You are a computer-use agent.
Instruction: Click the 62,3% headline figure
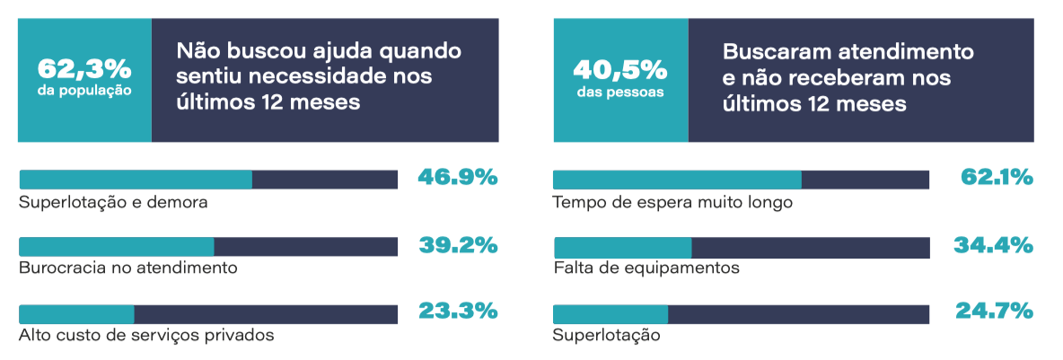84,69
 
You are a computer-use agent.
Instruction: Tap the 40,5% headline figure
620,69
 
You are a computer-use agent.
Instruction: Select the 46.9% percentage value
458,177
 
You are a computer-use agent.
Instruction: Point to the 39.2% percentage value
458,244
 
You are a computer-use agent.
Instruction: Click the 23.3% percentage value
458,312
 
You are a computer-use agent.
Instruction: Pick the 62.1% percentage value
997,177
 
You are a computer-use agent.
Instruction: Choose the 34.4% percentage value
997,244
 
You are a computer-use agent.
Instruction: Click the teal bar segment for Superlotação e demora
136,180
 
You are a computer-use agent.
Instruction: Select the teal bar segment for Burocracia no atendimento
117,247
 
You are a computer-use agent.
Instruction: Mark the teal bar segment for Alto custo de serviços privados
76,314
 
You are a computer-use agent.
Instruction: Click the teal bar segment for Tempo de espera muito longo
677,180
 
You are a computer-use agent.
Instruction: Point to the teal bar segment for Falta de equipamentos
622,247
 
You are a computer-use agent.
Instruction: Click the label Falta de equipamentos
646,268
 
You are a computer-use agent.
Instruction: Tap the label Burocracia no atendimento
128,268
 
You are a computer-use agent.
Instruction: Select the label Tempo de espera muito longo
673,202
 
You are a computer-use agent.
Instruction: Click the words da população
84,91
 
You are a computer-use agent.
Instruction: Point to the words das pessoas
620,91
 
